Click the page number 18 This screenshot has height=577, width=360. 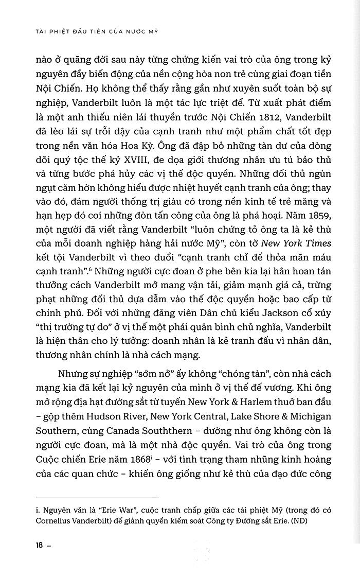pos(40,545)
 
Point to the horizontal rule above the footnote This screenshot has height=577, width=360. pos(98,497)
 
